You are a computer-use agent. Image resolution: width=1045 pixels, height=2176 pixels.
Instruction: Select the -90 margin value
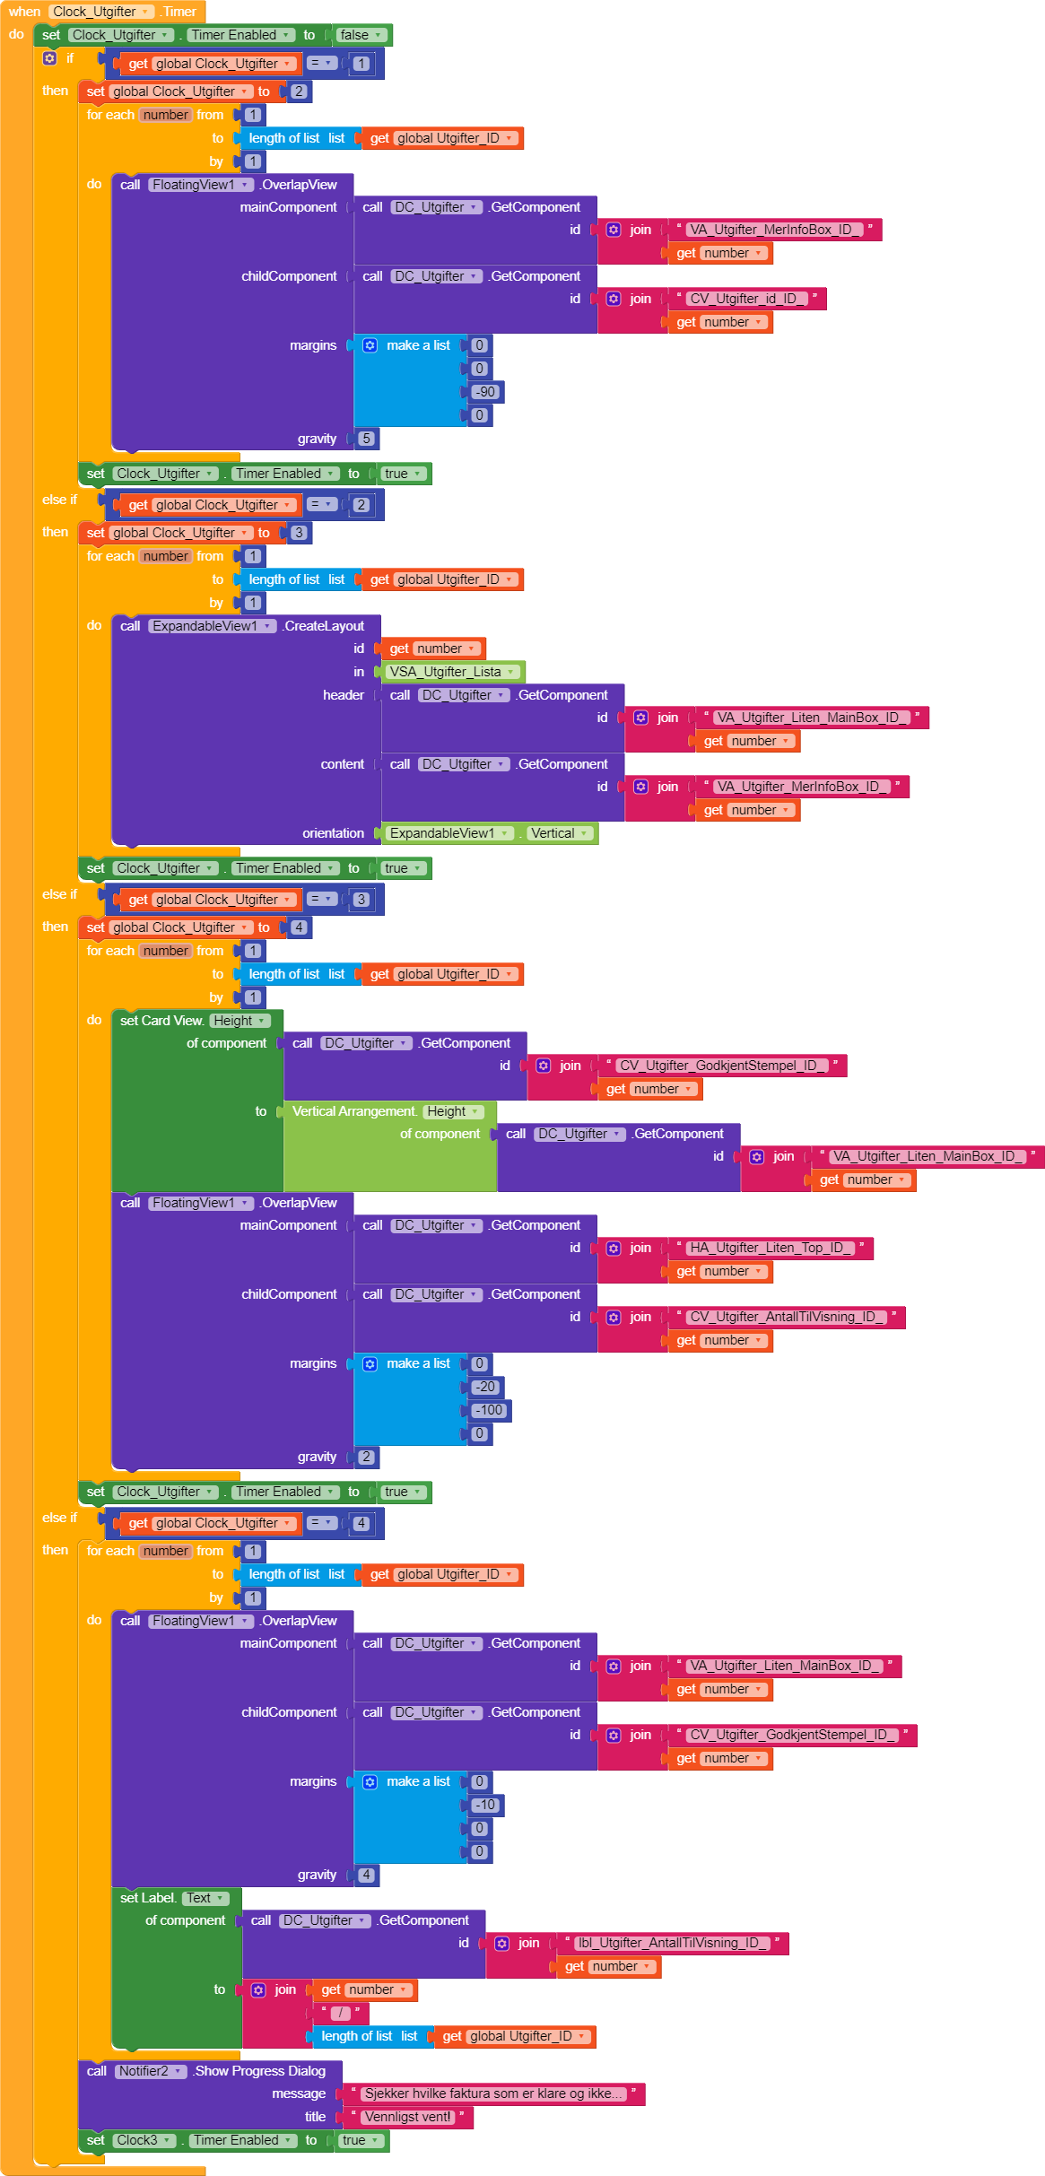pyautogui.click(x=485, y=392)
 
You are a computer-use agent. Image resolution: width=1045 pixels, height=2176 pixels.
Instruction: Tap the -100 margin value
pyautogui.click(x=489, y=1410)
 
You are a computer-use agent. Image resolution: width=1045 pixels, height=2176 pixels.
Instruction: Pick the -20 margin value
pyautogui.click(x=485, y=1387)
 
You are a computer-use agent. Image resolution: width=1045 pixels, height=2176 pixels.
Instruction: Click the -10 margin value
pyautogui.click(x=485, y=1805)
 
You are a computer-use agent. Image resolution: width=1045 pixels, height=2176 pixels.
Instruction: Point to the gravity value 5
pyautogui.click(x=366, y=439)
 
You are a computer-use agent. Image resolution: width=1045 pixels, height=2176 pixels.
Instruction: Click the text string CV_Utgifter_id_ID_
pyautogui.click(x=743, y=299)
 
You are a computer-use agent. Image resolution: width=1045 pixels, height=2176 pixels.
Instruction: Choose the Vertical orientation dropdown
pyautogui.click(x=559, y=833)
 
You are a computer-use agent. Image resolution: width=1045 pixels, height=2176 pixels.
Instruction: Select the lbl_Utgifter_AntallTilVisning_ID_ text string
pyautogui.click(x=668, y=1943)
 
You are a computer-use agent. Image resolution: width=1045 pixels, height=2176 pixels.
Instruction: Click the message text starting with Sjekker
pyautogui.click(x=492, y=2093)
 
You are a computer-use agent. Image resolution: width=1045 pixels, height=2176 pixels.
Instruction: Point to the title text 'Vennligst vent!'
pyautogui.click(x=408, y=2117)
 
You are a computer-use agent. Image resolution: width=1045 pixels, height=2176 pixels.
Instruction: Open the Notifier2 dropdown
pyautogui.click(x=151, y=2071)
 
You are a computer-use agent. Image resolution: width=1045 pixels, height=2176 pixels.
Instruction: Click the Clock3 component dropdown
pyautogui.click(x=144, y=2140)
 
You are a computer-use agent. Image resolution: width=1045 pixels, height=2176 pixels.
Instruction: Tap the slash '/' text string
pyautogui.click(x=341, y=2013)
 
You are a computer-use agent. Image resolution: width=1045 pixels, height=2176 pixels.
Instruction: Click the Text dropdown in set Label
pyautogui.click(x=205, y=1898)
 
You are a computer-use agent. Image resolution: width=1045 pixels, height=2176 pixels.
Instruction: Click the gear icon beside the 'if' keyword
pyautogui.click(x=50, y=58)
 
